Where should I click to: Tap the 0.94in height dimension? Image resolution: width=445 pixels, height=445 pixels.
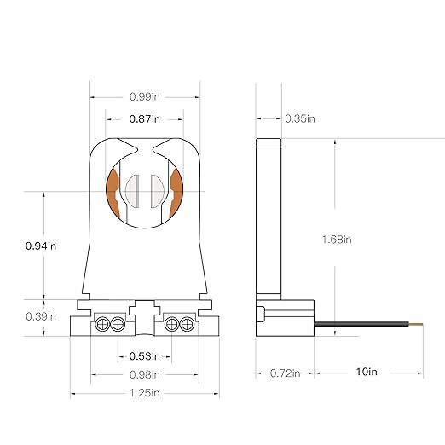click(x=41, y=246)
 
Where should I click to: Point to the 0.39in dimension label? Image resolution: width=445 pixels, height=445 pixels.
click(x=41, y=315)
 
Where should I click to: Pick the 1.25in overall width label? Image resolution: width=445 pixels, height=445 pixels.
click(x=144, y=394)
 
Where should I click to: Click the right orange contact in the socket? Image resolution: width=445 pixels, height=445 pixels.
click(x=176, y=192)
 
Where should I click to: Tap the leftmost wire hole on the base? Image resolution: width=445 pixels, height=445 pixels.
click(x=101, y=324)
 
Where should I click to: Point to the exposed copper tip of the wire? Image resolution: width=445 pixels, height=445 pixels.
click(x=420, y=325)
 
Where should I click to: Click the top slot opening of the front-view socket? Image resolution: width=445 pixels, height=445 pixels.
click(x=144, y=145)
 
